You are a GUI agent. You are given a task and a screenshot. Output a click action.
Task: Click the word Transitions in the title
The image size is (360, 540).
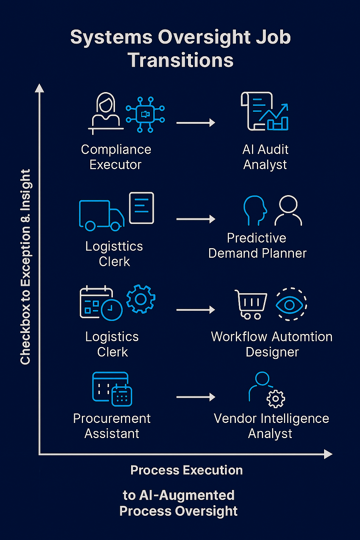(x=180, y=60)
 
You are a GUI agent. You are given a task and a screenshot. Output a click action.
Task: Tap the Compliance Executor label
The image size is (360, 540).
(x=116, y=157)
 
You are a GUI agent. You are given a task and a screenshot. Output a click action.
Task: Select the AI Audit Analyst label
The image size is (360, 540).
(x=265, y=157)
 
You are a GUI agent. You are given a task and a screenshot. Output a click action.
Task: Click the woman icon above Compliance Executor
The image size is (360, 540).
(x=105, y=112)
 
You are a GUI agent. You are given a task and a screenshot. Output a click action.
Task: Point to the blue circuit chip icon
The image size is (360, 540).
(x=145, y=115)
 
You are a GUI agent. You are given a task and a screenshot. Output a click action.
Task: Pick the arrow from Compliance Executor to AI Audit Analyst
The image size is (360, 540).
(x=195, y=123)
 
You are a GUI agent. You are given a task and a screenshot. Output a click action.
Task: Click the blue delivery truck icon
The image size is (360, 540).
(x=102, y=215)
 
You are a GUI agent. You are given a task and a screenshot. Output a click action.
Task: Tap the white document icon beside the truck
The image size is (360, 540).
(x=141, y=208)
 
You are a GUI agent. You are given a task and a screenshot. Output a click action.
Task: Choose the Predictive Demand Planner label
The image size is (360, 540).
(x=257, y=245)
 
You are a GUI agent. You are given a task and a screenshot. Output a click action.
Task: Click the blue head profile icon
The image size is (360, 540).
(x=255, y=210)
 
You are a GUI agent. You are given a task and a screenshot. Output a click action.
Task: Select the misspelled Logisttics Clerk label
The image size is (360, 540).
(x=114, y=254)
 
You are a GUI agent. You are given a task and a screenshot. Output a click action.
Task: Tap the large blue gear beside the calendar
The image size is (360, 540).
(x=141, y=299)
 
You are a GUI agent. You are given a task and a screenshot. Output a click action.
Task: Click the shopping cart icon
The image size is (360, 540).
(x=251, y=304)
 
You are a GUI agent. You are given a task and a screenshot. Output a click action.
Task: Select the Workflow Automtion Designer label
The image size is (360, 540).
(x=272, y=344)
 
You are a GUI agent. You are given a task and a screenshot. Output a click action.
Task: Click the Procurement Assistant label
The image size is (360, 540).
(x=112, y=426)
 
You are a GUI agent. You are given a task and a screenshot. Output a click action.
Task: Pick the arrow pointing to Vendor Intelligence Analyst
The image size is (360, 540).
(x=195, y=397)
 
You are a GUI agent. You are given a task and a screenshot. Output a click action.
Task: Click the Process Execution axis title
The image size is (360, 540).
(x=186, y=470)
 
